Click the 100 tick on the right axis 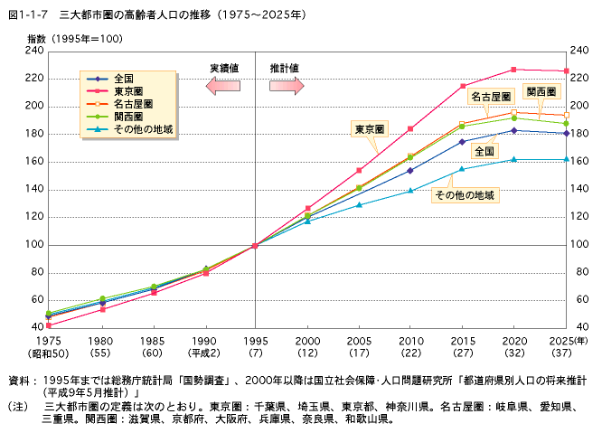580,245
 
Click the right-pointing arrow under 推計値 286,85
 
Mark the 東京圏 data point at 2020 513,70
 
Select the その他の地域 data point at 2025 566,159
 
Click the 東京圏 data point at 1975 48,325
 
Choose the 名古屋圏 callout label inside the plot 491,96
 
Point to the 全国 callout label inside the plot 484,150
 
